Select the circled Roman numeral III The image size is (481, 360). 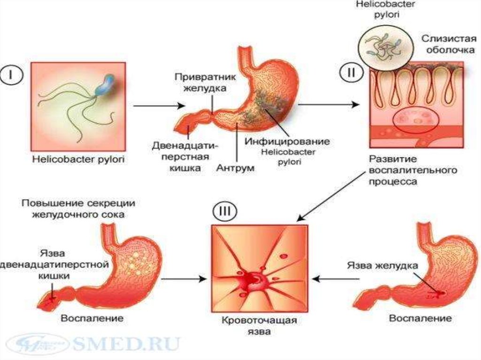(224, 212)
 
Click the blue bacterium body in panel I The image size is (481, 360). (104, 86)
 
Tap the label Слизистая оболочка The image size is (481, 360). (443, 44)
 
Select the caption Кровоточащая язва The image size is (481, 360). (260, 326)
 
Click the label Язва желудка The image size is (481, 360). (382, 265)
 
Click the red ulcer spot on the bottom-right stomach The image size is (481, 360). (440, 294)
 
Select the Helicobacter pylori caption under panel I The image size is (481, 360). (78, 159)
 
